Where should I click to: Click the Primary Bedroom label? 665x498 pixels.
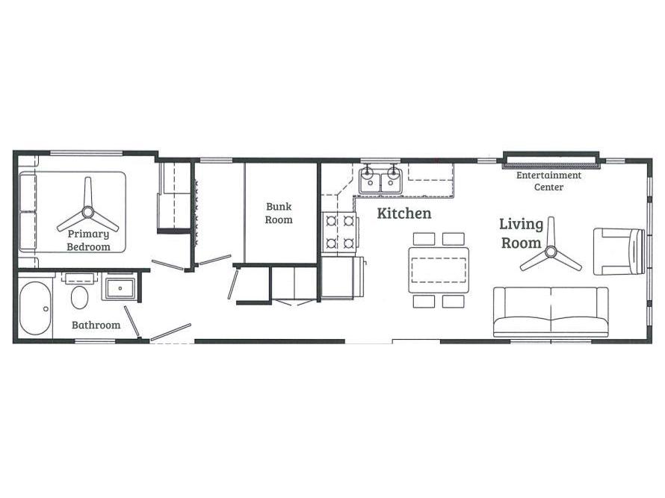tap(89, 240)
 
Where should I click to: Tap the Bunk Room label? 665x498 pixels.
tap(279, 213)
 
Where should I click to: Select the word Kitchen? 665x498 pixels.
tap(404, 214)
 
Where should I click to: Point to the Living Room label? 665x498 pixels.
tap(522, 233)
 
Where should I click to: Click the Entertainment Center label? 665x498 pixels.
tap(548, 181)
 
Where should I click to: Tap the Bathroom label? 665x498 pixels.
tap(96, 325)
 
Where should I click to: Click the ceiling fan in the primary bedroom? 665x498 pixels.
tap(87, 211)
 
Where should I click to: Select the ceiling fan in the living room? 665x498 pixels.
tap(551, 252)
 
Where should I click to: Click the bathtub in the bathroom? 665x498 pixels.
tap(35, 308)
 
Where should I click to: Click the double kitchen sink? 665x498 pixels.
tap(380, 181)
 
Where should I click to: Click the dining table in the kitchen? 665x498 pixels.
tap(439, 270)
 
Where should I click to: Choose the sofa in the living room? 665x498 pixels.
tap(551, 312)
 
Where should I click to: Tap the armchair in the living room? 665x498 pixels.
tap(619, 252)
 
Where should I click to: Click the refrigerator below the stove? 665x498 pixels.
tap(341, 278)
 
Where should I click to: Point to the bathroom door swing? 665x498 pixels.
tap(132, 322)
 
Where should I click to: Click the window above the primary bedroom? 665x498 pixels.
tap(87, 152)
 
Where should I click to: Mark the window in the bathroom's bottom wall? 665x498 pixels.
tap(96, 340)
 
